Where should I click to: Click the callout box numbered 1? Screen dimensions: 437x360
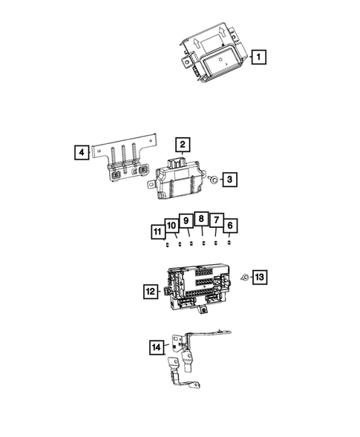[x=259, y=56]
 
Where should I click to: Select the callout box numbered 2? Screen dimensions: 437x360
[x=182, y=145]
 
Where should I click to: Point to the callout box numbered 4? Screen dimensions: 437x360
[x=81, y=154]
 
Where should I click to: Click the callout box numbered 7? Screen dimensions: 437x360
[x=215, y=220]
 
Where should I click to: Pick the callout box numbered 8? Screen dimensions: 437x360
[x=200, y=219]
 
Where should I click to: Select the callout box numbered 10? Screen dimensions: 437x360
[x=171, y=225]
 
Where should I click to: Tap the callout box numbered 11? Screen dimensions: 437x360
[x=157, y=233]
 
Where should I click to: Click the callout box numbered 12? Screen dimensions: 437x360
[x=149, y=292]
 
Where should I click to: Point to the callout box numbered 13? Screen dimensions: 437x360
[x=259, y=277]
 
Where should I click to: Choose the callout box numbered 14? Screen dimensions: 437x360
[x=156, y=346]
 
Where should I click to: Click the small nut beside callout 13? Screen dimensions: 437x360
[x=243, y=277]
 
